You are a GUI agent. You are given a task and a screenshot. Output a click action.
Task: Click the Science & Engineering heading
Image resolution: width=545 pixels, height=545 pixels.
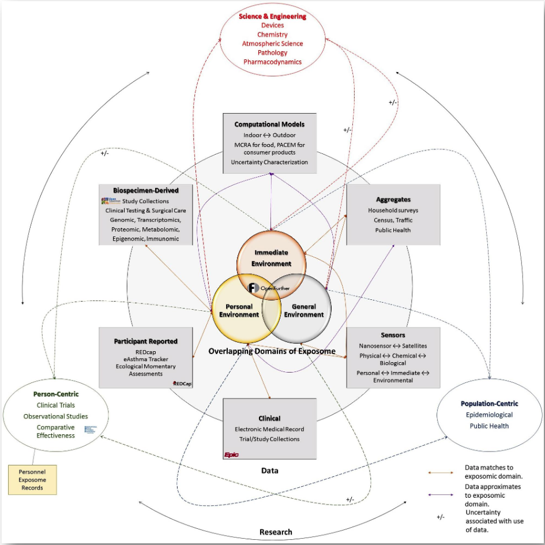[272, 16]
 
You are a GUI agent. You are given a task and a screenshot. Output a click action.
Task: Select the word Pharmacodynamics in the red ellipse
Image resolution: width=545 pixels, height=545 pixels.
[272, 62]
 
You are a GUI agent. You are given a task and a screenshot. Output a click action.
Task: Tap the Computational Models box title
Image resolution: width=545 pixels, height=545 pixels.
[269, 124]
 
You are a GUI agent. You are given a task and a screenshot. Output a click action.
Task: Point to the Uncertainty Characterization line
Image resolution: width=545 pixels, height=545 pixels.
[269, 162]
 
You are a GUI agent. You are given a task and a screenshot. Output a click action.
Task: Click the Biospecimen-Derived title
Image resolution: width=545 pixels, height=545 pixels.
[146, 190]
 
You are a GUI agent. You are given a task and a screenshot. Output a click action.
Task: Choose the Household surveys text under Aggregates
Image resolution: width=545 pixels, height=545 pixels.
[393, 211]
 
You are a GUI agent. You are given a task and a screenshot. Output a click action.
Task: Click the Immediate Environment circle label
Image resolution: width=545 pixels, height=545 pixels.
[270, 258]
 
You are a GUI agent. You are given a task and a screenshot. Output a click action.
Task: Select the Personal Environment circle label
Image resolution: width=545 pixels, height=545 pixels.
[238, 310]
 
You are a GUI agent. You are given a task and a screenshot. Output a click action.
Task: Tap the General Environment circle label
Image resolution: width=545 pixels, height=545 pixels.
[304, 310]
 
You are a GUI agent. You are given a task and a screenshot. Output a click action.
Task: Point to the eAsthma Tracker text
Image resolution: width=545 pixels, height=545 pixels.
[145, 359]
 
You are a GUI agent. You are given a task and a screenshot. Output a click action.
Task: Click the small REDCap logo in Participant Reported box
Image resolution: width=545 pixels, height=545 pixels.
[182, 383]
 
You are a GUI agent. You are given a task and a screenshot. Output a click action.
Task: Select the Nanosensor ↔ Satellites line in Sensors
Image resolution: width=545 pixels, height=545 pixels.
[393, 345]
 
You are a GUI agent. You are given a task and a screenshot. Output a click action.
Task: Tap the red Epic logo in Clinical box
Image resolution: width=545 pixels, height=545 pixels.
[231, 454]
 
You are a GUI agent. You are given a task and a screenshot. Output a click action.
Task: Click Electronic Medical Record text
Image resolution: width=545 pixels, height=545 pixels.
[269, 429]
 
